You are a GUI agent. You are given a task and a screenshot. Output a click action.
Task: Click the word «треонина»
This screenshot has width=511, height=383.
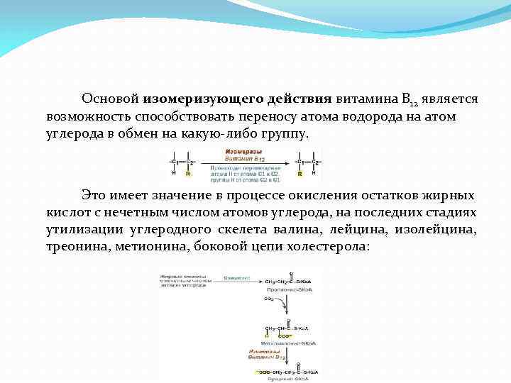(x=77, y=248)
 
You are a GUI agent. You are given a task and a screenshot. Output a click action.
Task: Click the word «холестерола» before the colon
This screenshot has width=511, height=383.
(x=326, y=248)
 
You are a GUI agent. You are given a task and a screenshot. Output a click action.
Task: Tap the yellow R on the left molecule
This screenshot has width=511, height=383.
(x=187, y=173)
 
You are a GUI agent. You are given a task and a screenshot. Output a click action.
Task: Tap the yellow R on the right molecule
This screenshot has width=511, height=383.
(x=300, y=173)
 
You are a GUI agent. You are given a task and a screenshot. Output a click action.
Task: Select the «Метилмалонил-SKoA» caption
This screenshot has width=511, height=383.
(x=290, y=343)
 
